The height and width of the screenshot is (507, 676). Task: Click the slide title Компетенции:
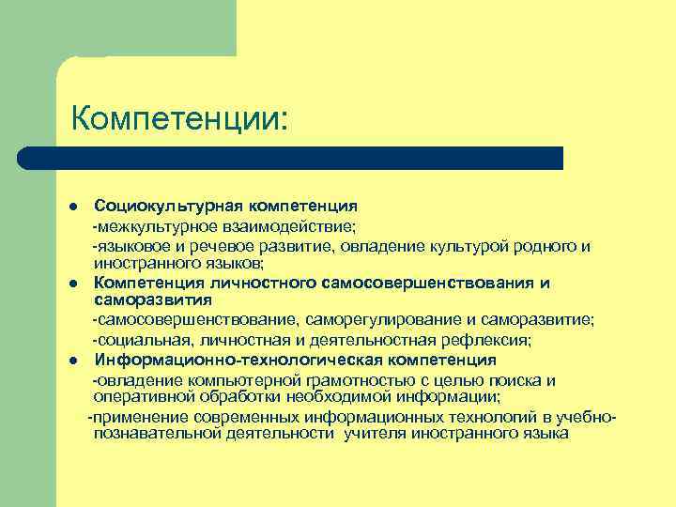(179, 118)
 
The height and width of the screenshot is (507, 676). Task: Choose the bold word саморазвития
(153, 300)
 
